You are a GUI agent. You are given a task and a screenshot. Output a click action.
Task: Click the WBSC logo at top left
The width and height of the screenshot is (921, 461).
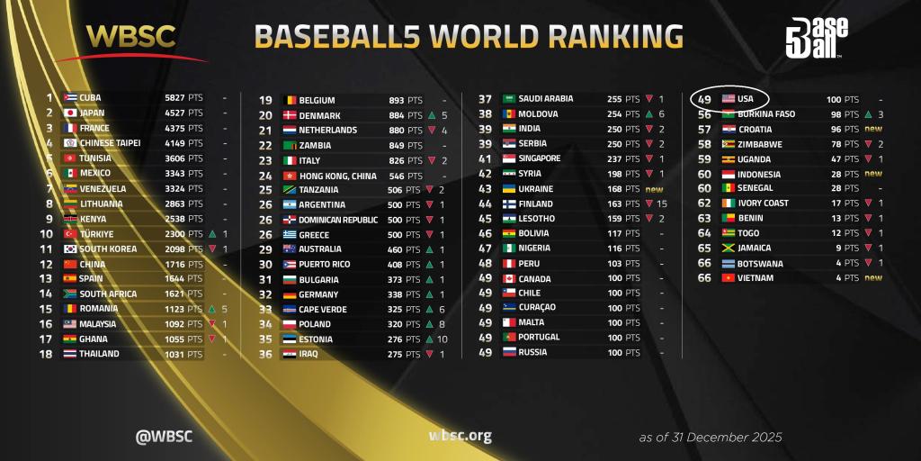[x=132, y=36]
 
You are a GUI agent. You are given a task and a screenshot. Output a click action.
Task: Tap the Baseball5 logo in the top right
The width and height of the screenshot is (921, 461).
[x=816, y=38]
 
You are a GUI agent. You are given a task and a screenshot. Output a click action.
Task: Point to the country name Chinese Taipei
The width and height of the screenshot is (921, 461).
[x=110, y=142]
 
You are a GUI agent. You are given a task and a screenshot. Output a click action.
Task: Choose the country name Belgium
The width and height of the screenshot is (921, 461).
[x=317, y=101]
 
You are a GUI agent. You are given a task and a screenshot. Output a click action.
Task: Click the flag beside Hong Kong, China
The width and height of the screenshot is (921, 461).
[x=290, y=176]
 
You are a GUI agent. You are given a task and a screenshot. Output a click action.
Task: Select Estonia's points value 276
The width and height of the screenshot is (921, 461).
[x=389, y=339]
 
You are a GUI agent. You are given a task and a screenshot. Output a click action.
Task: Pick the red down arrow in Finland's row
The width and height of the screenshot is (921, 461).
[x=648, y=204]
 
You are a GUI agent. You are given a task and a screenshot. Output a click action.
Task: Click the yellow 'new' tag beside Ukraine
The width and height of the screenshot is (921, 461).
[x=654, y=189]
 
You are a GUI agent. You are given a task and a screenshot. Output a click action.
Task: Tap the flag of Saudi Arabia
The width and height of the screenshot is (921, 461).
[x=509, y=99]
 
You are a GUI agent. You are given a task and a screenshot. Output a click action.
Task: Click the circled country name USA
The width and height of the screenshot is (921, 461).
[x=746, y=98]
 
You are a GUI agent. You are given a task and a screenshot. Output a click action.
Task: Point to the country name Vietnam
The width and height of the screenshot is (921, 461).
[x=755, y=278]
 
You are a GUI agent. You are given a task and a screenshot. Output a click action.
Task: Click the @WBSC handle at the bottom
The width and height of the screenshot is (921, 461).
[x=164, y=437]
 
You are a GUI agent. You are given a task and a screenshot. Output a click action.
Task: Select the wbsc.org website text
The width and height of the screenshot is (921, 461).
[x=460, y=437]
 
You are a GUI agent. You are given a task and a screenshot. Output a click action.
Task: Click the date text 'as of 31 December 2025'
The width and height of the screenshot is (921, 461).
[x=711, y=438]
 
